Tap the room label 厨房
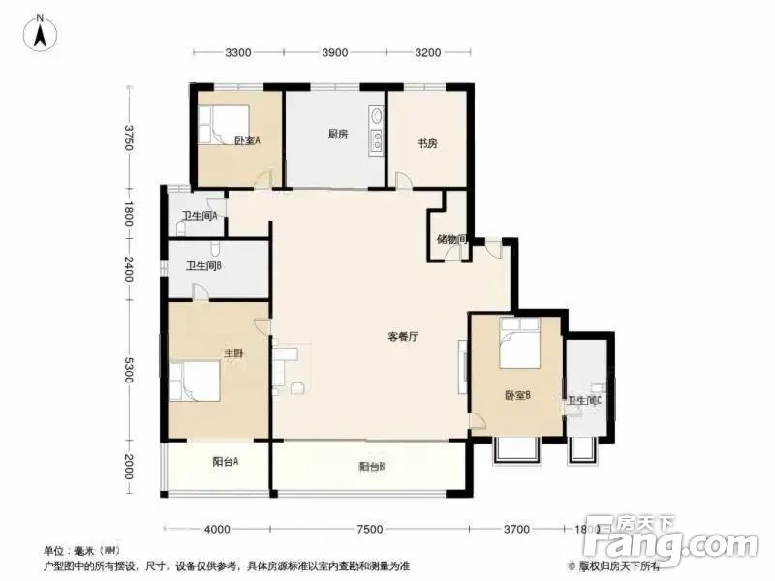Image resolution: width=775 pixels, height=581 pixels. coord(336,135)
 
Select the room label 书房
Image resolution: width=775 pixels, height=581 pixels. coord(427,143)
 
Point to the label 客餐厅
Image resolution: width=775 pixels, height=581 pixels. coord(402,338)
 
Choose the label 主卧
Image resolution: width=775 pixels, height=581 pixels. coord(233,353)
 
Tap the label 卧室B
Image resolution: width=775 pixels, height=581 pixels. coord(516,395)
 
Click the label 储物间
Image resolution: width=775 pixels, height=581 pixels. coord(452,239)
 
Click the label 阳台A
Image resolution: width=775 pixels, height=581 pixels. coord(226,461)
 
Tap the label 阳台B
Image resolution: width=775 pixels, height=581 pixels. coord(372,467)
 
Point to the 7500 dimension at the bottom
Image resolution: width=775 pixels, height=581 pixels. coord(369,529)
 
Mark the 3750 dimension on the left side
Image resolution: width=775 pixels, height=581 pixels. coord(127,136)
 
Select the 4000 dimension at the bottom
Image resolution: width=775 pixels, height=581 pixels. coord(217,529)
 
